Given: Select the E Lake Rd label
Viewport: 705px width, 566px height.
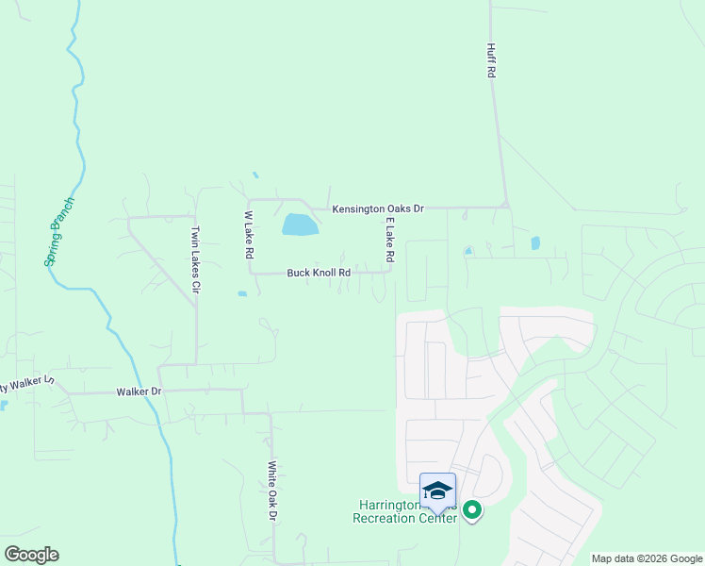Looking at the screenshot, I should pos(388,239).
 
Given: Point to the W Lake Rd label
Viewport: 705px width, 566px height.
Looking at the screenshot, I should pos(249,235).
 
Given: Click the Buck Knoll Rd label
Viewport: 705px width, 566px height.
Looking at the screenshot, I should pos(319,273).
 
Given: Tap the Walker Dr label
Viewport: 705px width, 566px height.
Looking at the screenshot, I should pos(139,391).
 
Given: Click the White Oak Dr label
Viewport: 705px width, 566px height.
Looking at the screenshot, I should pos(271,491).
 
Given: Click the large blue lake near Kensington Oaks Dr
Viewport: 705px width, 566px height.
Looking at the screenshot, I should pos(300,225).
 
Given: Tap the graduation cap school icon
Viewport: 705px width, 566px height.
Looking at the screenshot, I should pos(437,491).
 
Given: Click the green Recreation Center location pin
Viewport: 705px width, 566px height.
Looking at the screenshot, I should pos(472,510).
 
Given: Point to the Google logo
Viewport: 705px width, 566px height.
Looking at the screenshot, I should pos(31,555).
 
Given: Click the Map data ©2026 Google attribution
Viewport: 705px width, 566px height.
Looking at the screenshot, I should pos(647,558).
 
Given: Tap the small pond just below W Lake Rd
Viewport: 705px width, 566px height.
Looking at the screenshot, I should pos(242,293).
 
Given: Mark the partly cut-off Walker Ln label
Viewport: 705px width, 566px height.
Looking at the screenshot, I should pos(28,386).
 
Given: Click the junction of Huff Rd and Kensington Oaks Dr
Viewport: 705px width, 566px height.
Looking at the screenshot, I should pos(505,206).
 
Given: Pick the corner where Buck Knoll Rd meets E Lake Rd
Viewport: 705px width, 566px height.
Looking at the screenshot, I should pos(389,272).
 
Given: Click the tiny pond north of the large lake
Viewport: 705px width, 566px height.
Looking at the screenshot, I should pos(254,175).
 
